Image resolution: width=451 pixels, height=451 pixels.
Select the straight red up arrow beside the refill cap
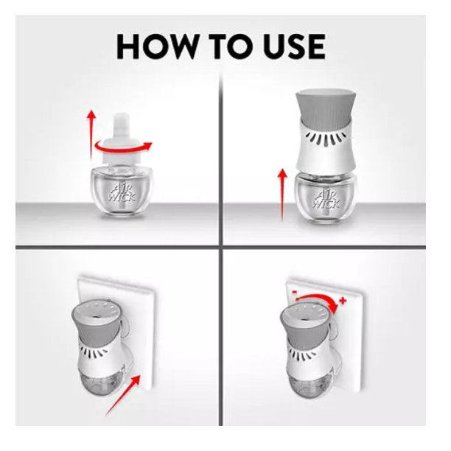[92, 133]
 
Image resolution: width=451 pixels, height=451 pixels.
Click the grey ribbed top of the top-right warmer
[326, 105]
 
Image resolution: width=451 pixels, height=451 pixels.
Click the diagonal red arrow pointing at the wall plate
[122, 395]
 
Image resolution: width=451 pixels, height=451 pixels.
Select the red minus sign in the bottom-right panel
[294, 292]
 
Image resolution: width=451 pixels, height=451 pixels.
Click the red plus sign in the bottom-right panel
[342, 301]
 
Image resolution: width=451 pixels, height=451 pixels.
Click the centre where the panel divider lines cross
[220, 247]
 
